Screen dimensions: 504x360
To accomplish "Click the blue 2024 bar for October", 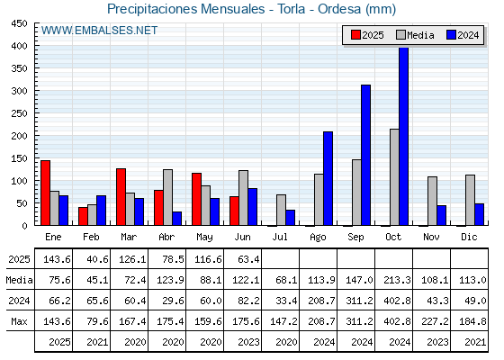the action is (404, 136).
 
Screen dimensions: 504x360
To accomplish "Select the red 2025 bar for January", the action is (46, 193).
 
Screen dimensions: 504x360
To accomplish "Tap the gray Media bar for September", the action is (356, 193).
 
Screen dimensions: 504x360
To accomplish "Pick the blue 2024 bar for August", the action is (328, 178).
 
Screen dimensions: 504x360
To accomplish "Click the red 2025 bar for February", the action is (83, 216).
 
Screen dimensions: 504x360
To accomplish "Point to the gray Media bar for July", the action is (281, 210).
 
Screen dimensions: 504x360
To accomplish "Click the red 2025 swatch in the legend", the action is (355, 35).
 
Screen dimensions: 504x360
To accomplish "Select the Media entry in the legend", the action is (415, 35).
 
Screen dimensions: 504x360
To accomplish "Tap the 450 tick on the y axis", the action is (19, 23).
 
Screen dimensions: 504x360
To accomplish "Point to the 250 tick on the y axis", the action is (19, 113).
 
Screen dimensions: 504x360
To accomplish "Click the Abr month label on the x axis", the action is (166, 237).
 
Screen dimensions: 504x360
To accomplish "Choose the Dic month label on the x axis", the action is (469, 237).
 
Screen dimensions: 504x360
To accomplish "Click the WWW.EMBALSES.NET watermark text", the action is (99, 31).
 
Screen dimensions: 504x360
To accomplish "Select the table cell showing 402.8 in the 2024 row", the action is (397, 301).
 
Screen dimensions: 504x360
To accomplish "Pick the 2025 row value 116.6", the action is (208, 259).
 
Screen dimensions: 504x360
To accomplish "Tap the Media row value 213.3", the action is (397, 280).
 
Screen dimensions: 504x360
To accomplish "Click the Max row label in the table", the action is (19, 321).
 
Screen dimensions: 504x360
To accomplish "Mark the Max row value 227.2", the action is (435, 321).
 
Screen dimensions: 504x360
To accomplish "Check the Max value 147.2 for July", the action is (283, 321).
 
